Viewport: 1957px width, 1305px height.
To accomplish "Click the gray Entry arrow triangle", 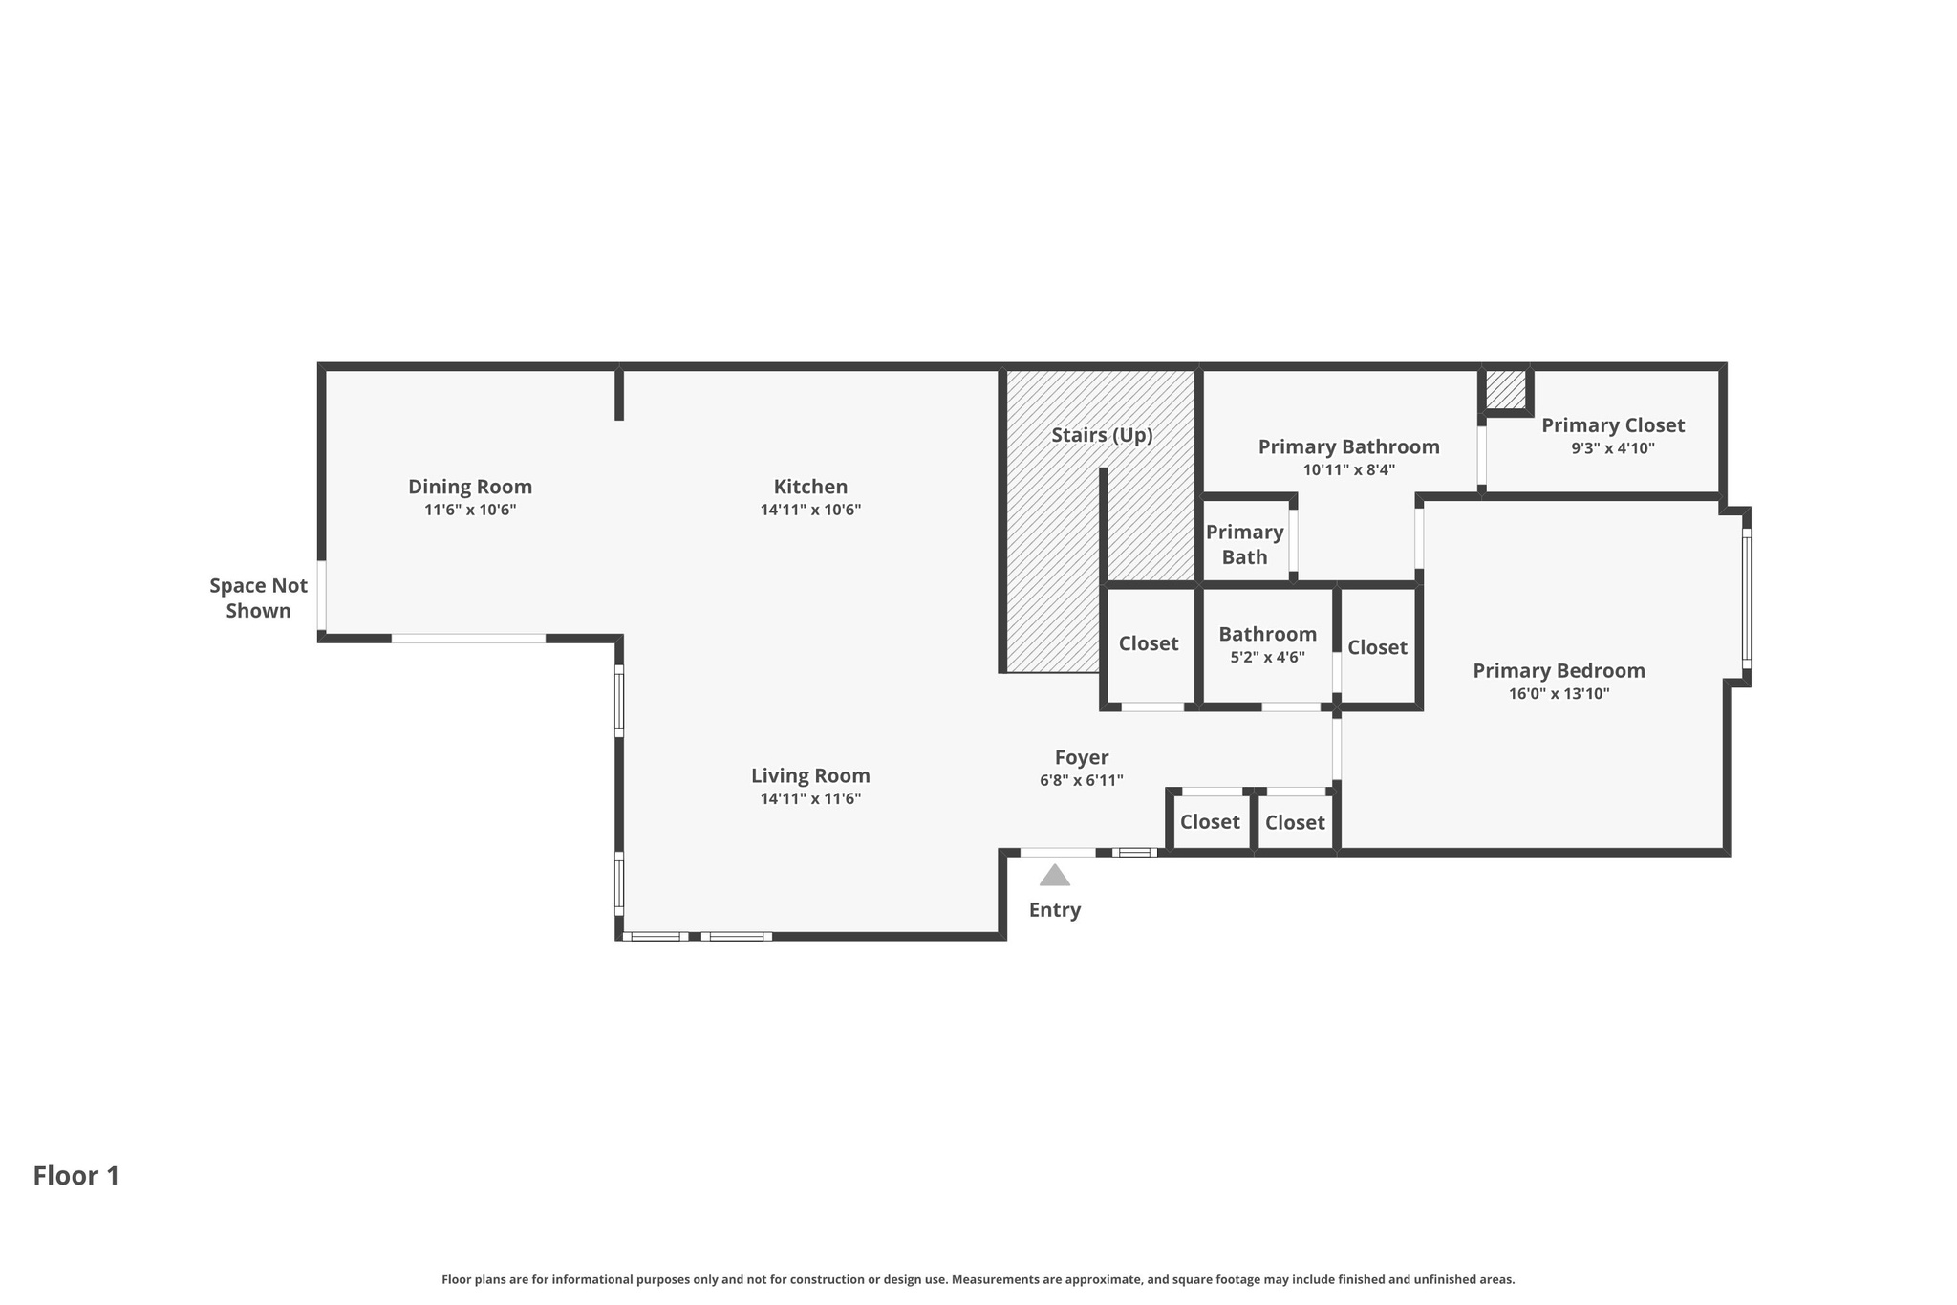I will tap(1054, 876).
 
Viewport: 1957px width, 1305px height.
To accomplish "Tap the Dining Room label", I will tap(470, 487).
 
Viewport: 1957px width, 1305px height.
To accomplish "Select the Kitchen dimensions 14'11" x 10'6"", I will tap(810, 511).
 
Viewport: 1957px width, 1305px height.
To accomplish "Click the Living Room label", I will tap(810, 775).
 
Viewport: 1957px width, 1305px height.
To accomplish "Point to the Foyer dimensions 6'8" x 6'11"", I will tap(1081, 780).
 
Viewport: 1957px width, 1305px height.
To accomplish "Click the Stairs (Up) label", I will tap(1102, 435).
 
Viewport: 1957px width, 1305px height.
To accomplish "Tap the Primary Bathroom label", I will tap(1348, 446).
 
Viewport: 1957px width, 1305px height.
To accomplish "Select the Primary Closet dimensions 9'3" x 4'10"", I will tap(1612, 448).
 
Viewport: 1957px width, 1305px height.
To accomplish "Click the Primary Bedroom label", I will tap(1559, 670).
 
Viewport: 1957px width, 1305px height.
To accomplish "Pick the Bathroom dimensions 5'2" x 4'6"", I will tap(1267, 658).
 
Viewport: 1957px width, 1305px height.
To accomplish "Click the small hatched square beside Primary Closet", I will tap(1505, 389).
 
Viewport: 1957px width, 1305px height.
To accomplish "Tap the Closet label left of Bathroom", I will tap(1149, 643).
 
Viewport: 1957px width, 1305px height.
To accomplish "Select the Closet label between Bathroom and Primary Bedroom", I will tap(1377, 647).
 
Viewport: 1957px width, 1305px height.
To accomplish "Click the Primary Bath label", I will tap(1244, 544).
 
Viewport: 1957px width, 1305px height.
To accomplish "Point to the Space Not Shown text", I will tap(258, 598).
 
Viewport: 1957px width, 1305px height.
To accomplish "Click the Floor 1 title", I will tap(76, 1176).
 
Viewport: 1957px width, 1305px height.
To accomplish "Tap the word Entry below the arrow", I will tap(1054, 910).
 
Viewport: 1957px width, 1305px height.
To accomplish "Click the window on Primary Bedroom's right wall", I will tap(1746, 598).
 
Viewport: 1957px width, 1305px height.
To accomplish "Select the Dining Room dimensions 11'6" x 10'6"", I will tap(470, 511).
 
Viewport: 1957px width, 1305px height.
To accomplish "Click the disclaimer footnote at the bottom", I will tap(978, 1279).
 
